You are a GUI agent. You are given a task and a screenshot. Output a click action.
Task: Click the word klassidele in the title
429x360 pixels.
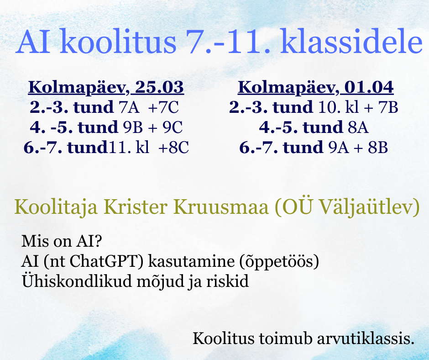[351, 41]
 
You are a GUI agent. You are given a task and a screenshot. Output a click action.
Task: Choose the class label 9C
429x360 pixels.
[173, 127]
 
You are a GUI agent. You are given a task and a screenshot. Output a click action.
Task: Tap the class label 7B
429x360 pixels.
[388, 107]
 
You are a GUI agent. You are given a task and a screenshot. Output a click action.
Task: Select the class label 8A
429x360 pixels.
[358, 127]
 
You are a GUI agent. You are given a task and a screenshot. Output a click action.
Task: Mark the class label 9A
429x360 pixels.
[339, 148]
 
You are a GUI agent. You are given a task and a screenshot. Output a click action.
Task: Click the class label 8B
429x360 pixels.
[378, 148]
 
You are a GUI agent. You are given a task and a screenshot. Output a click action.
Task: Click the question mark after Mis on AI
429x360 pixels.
[97, 241]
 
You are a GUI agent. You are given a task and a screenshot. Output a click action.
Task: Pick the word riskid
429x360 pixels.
[227, 281]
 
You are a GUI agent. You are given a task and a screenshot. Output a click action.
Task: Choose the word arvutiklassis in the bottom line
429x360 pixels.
[366, 339]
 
